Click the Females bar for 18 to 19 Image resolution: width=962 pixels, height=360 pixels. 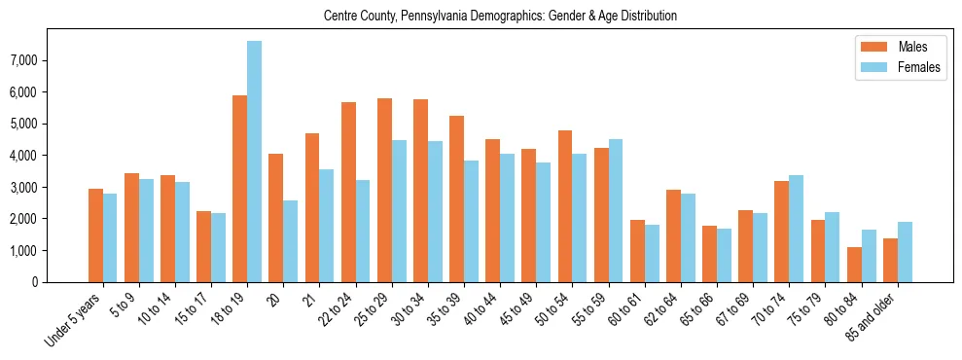[254, 162]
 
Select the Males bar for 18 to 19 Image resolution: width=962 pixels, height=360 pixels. [239, 189]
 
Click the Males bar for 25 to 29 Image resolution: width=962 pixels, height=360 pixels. [384, 190]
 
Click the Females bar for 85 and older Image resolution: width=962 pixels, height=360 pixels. [905, 252]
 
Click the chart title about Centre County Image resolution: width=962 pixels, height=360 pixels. [499, 16]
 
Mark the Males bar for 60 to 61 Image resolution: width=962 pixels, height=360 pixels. [637, 251]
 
